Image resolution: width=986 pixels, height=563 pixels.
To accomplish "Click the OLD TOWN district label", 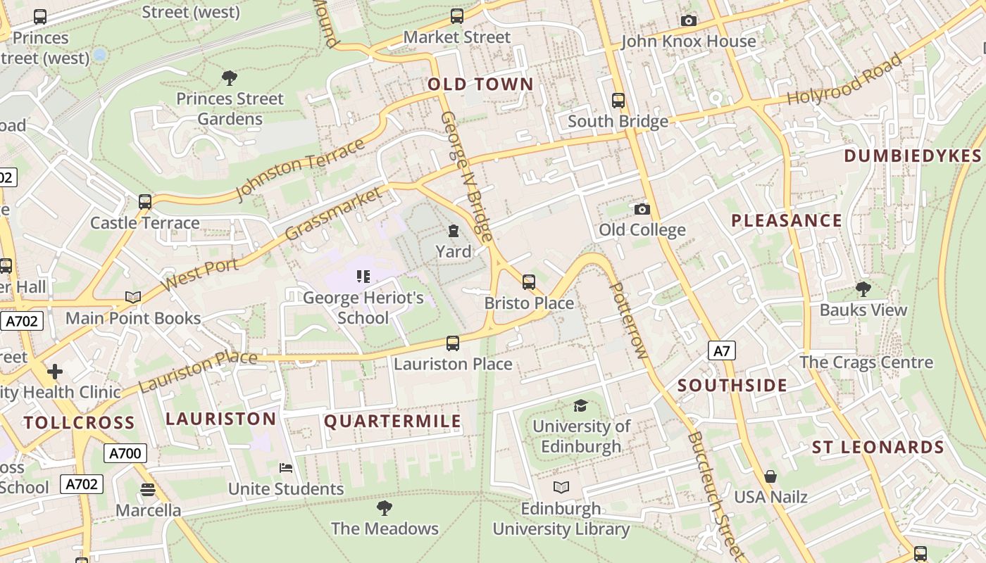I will click(x=481, y=84).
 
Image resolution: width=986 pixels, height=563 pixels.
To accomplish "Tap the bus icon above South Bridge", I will click(x=618, y=101).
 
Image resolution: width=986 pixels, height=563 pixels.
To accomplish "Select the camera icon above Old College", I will click(x=642, y=209).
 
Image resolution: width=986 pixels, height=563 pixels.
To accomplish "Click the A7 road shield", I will click(x=722, y=350).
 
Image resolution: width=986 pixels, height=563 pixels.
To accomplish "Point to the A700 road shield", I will click(x=125, y=453).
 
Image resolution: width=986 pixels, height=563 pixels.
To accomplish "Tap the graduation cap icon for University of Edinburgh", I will click(x=580, y=405).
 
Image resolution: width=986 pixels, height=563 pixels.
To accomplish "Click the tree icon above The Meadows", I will click(x=385, y=507).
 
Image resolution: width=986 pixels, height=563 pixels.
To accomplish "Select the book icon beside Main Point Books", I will click(x=133, y=297).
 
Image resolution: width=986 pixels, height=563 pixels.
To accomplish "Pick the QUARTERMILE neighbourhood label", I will click(x=392, y=422).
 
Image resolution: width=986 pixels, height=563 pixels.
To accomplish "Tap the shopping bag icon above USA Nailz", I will click(x=770, y=476).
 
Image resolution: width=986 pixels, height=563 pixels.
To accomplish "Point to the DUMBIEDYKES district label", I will click(x=912, y=156).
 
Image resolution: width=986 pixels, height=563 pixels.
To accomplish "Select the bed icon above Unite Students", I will click(x=286, y=468).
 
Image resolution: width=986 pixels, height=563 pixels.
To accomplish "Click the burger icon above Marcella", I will click(x=148, y=489).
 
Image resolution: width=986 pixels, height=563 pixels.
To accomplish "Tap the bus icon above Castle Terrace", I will click(x=145, y=202).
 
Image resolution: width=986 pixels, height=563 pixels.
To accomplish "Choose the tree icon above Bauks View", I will click(x=863, y=289).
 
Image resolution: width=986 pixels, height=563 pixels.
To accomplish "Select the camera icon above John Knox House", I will click(x=689, y=20).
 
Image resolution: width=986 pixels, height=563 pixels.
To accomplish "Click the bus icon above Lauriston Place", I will click(x=453, y=343).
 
